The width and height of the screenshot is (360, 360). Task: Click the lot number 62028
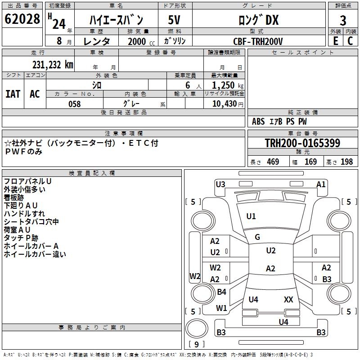pos(22,19)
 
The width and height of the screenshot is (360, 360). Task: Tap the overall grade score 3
pos(343,21)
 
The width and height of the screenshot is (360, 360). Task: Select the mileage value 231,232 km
pos(53,65)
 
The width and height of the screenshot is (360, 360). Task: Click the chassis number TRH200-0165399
pos(302,143)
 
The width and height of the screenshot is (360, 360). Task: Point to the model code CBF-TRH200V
pos(258,41)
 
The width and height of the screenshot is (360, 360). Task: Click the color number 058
pos(75,104)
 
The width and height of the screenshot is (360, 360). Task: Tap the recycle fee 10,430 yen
pos(228,104)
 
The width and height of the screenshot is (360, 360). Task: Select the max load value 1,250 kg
pos(228,85)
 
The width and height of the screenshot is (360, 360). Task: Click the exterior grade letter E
pos(336,41)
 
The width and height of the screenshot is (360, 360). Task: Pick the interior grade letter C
pos(350,41)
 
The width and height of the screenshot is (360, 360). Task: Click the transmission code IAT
pos(13,94)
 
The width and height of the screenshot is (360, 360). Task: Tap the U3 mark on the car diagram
pos(220,184)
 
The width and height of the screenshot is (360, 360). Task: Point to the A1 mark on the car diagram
pos(321,184)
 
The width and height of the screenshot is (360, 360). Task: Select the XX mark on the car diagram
pos(288,299)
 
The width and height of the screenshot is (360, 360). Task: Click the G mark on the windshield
pos(257,237)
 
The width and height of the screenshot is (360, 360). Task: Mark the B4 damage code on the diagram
pos(221,292)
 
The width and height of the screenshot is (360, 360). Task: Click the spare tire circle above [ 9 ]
pos(197,328)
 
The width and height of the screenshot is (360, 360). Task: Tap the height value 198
pos(346,162)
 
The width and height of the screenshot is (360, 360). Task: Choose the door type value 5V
pos(174,20)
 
